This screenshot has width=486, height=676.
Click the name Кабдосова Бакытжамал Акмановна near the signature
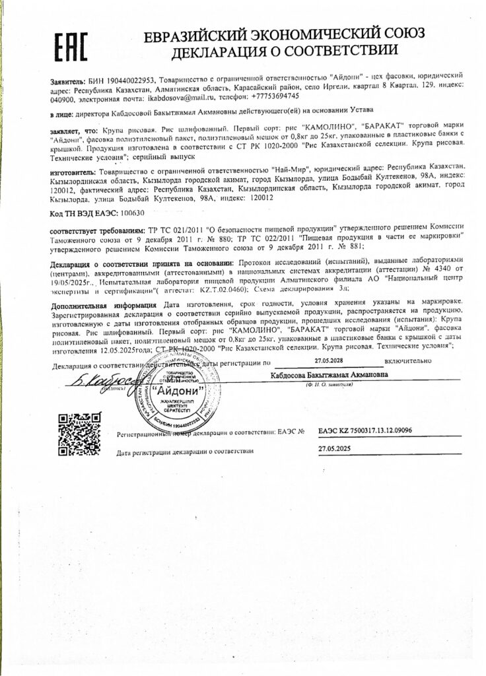coord(330,374)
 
